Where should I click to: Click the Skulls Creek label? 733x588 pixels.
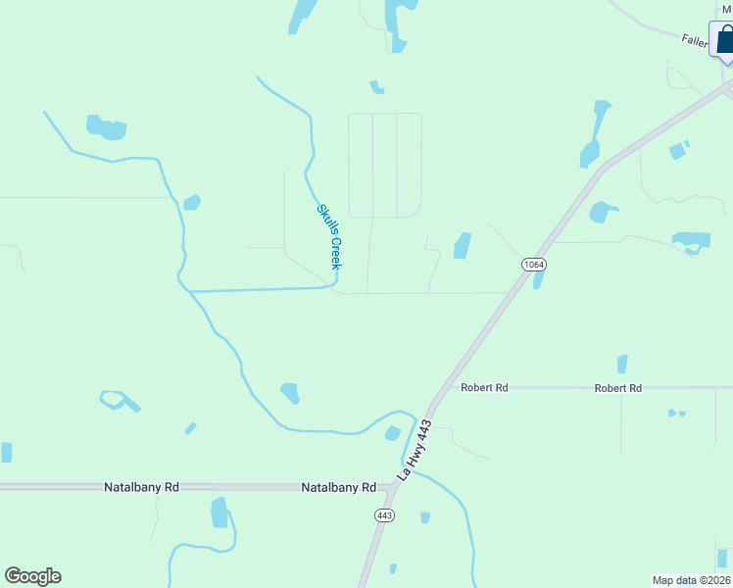(328, 236)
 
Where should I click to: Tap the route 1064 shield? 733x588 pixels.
(533, 265)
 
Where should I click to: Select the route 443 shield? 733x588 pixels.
(384, 515)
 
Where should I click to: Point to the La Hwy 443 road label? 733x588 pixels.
(415, 450)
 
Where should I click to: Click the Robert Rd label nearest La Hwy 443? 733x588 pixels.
(485, 388)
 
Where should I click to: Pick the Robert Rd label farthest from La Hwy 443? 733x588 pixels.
(617, 388)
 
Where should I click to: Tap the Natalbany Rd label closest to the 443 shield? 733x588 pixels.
(338, 487)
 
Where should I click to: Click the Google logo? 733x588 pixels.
(32, 576)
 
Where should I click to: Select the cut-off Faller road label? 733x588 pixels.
(695, 40)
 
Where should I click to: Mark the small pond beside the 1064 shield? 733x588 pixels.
(538, 279)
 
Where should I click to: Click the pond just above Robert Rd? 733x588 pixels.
(621, 364)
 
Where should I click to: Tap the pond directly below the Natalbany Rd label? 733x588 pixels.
(220, 513)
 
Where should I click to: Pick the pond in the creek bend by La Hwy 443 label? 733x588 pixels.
(393, 433)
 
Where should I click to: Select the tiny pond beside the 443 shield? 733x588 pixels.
(425, 516)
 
